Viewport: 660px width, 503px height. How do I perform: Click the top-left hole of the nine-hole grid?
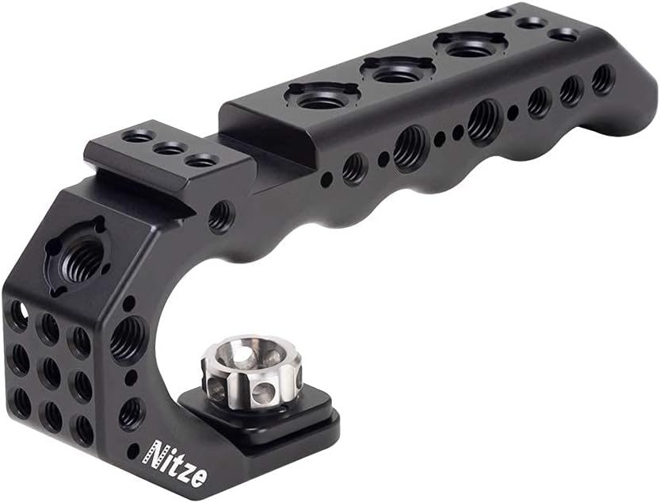(18, 316)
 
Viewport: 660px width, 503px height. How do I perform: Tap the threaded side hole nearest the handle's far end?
(603, 78)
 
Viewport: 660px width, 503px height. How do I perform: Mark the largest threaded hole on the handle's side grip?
(483, 121)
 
